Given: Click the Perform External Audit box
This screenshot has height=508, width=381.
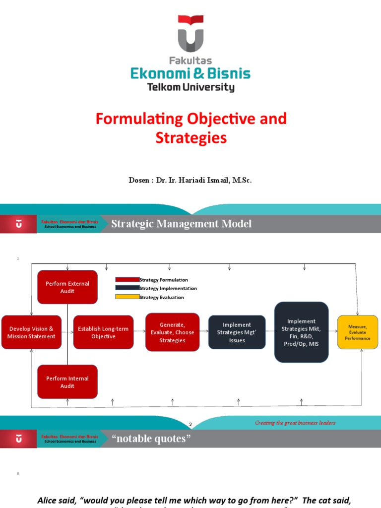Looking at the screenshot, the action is coord(67,287).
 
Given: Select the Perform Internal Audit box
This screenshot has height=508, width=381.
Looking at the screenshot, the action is coord(67,382).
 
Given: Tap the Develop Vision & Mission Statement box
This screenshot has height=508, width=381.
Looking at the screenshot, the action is coord(31,332).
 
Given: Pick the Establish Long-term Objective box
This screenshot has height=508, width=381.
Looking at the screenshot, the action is coord(103,332).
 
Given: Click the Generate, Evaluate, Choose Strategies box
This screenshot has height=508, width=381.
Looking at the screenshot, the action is coord(172,332).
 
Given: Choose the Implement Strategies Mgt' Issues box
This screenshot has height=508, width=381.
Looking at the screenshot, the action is coord(237,332).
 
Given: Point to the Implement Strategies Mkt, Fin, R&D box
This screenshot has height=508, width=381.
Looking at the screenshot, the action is coord(301,332).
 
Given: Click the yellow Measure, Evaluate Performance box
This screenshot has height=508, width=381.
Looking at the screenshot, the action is coord(357,332).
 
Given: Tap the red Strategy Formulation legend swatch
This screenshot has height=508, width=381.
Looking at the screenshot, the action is coord(127,280).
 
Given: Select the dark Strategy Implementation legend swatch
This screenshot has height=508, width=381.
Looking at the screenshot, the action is coord(127,288).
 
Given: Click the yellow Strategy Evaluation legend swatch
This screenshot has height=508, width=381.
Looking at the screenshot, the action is coord(127,297).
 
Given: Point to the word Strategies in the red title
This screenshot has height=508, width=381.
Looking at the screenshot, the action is coord(191,138).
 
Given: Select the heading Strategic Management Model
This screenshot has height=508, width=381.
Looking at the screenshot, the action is coord(181,224).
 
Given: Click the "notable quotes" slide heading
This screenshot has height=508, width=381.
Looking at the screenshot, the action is coord(151,439).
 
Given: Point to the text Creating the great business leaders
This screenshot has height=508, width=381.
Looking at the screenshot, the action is coord(295,423).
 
